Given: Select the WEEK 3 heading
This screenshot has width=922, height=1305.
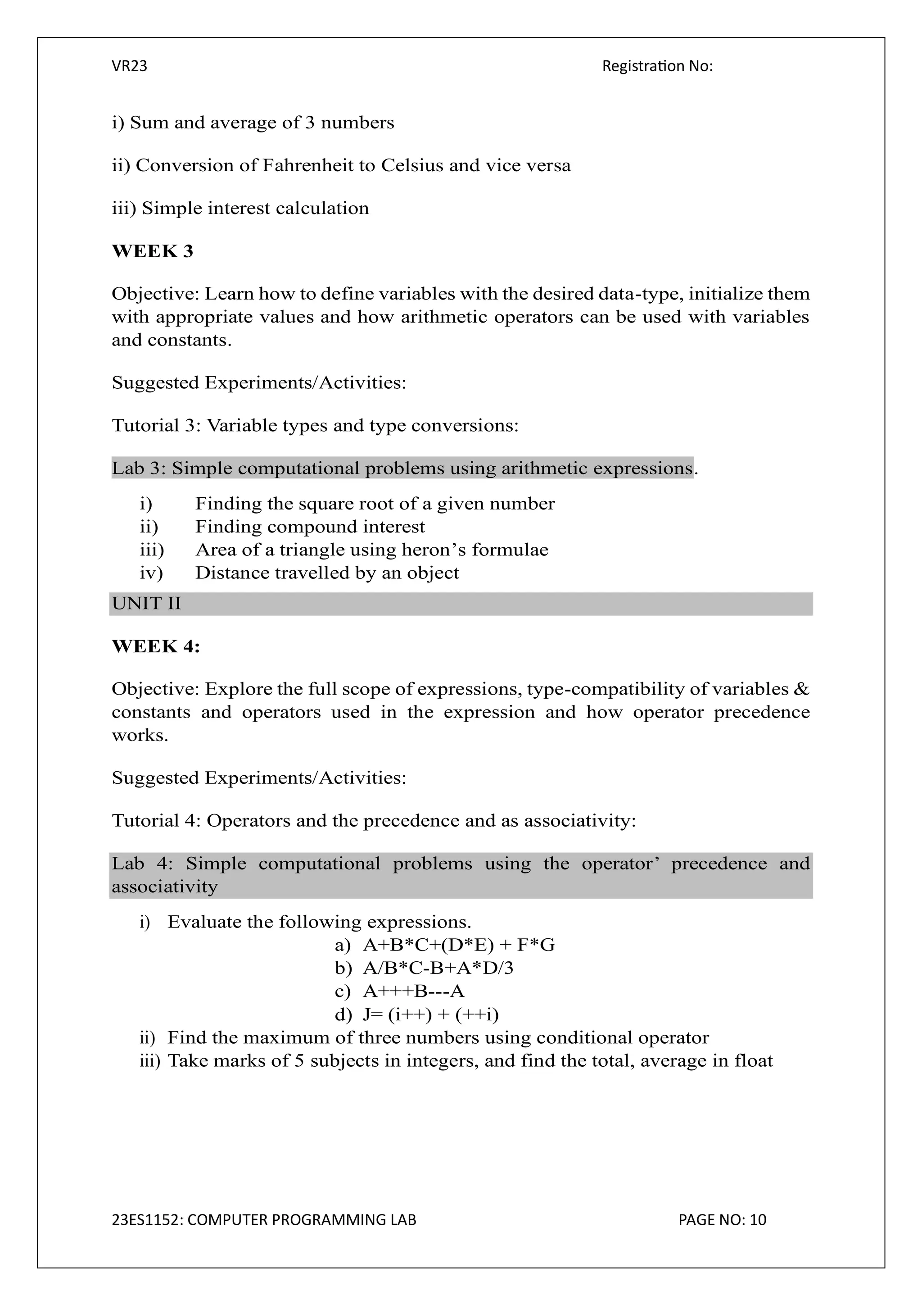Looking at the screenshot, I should pos(152,251).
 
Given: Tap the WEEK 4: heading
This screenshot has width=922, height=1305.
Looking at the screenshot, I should pos(156,646).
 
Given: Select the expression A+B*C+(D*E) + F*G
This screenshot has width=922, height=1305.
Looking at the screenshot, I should pos(458,945).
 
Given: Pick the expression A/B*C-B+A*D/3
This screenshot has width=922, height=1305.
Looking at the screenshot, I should pos(438,968).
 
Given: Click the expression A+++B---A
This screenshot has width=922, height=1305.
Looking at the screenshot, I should pos(414,991).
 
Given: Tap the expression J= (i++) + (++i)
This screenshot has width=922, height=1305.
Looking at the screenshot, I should pos(430,1014).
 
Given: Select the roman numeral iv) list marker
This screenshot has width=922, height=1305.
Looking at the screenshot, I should pos(151,573).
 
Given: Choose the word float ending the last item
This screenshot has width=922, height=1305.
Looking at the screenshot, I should pos(753,1061).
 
